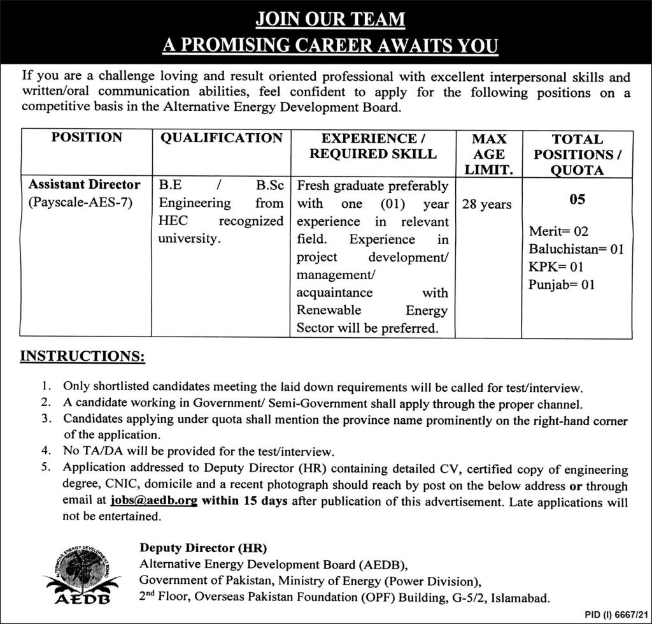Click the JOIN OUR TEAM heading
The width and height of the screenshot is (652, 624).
(330, 19)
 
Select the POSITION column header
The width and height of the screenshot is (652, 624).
(87, 138)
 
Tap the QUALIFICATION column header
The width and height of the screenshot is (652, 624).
(221, 138)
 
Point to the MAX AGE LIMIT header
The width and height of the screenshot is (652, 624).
(489, 154)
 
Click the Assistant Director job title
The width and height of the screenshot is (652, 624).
(85, 185)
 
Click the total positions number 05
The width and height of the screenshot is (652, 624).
(577, 200)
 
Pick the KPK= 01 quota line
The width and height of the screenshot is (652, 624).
(556, 267)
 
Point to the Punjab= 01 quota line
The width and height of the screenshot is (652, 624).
(562, 285)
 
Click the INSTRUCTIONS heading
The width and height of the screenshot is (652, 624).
(83, 356)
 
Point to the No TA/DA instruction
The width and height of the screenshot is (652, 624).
(199, 452)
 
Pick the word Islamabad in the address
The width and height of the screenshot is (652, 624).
(517, 598)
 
